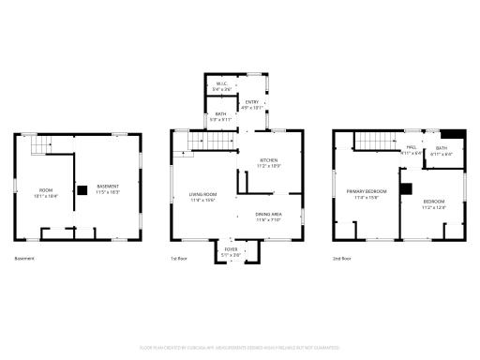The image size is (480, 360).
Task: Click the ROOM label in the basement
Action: pyautogui.click(x=46, y=193)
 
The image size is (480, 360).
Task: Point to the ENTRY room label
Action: pyautogui.click(x=252, y=104)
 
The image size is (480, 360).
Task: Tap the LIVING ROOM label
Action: pyautogui.click(x=203, y=197)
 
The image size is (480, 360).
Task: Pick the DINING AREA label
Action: pyautogui.click(x=269, y=217)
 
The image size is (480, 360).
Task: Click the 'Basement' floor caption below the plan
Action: pyautogui.click(x=26, y=258)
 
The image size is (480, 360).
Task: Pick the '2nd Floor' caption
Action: pyautogui.click(x=342, y=258)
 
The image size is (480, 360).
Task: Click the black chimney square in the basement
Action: pyautogui.click(x=82, y=190)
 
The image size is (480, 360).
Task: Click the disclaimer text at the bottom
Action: pyautogui.click(x=240, y=346)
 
